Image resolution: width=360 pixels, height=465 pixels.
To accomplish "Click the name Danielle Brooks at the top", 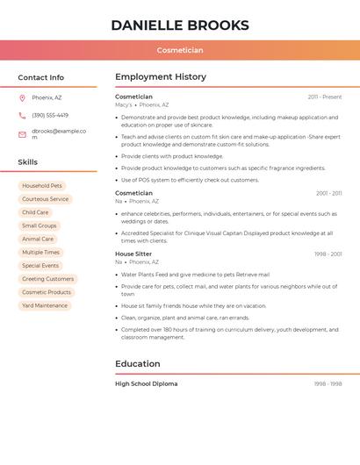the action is point(180,25).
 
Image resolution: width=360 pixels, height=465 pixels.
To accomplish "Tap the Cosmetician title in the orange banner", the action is point(180,50).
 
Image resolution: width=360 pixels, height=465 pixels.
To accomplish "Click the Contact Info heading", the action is point(41,77).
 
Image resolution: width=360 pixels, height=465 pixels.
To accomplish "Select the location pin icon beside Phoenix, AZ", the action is point(22,97).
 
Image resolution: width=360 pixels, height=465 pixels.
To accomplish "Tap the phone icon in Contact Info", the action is point(22,115).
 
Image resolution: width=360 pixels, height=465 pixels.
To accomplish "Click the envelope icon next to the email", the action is point(22,134).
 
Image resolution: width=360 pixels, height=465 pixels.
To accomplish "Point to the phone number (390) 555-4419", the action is point(50,115).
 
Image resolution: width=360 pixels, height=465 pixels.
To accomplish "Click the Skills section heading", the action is point(28,162).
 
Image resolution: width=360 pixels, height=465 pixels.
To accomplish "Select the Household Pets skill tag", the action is point(42,186).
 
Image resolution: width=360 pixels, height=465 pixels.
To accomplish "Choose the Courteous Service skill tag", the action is point(45,199).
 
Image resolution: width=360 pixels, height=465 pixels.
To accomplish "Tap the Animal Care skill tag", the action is point(38,239).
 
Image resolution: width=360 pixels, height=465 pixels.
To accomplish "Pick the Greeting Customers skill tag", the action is point(47,279).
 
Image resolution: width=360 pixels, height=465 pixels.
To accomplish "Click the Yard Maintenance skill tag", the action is point(45,305).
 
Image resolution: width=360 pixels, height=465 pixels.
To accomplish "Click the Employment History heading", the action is point(161,77).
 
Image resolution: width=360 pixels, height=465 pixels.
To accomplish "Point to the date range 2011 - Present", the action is point(325,97).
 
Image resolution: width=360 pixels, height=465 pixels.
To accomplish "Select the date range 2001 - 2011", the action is point(329,193).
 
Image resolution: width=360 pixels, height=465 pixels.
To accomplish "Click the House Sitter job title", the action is point(133,254).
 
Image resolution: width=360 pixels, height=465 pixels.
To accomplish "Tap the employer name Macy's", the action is point(124,104).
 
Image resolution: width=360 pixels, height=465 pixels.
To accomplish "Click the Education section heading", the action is point(138,364).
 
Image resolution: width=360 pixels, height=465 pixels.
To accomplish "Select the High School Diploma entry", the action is point(147,383).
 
